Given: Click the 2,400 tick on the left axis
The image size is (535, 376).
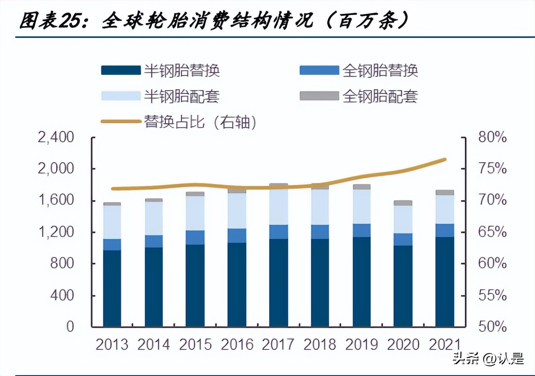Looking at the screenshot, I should pos(56,138).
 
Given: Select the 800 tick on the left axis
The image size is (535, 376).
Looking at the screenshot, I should pos(62,264).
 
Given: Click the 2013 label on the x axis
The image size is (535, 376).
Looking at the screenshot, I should pos(112,344).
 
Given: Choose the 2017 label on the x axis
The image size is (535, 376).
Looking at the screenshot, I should pos(278,344).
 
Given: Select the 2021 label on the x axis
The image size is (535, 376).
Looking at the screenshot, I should pos(445,344).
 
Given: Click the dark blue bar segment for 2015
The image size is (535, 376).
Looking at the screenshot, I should pos(195,285).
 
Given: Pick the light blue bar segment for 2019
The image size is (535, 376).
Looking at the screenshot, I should pos(362,207).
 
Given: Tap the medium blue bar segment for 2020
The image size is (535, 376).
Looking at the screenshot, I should pos(403,239).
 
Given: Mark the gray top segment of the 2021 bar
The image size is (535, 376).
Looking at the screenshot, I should pos(445,192).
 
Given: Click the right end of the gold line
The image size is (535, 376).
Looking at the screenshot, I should pos(445,159).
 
